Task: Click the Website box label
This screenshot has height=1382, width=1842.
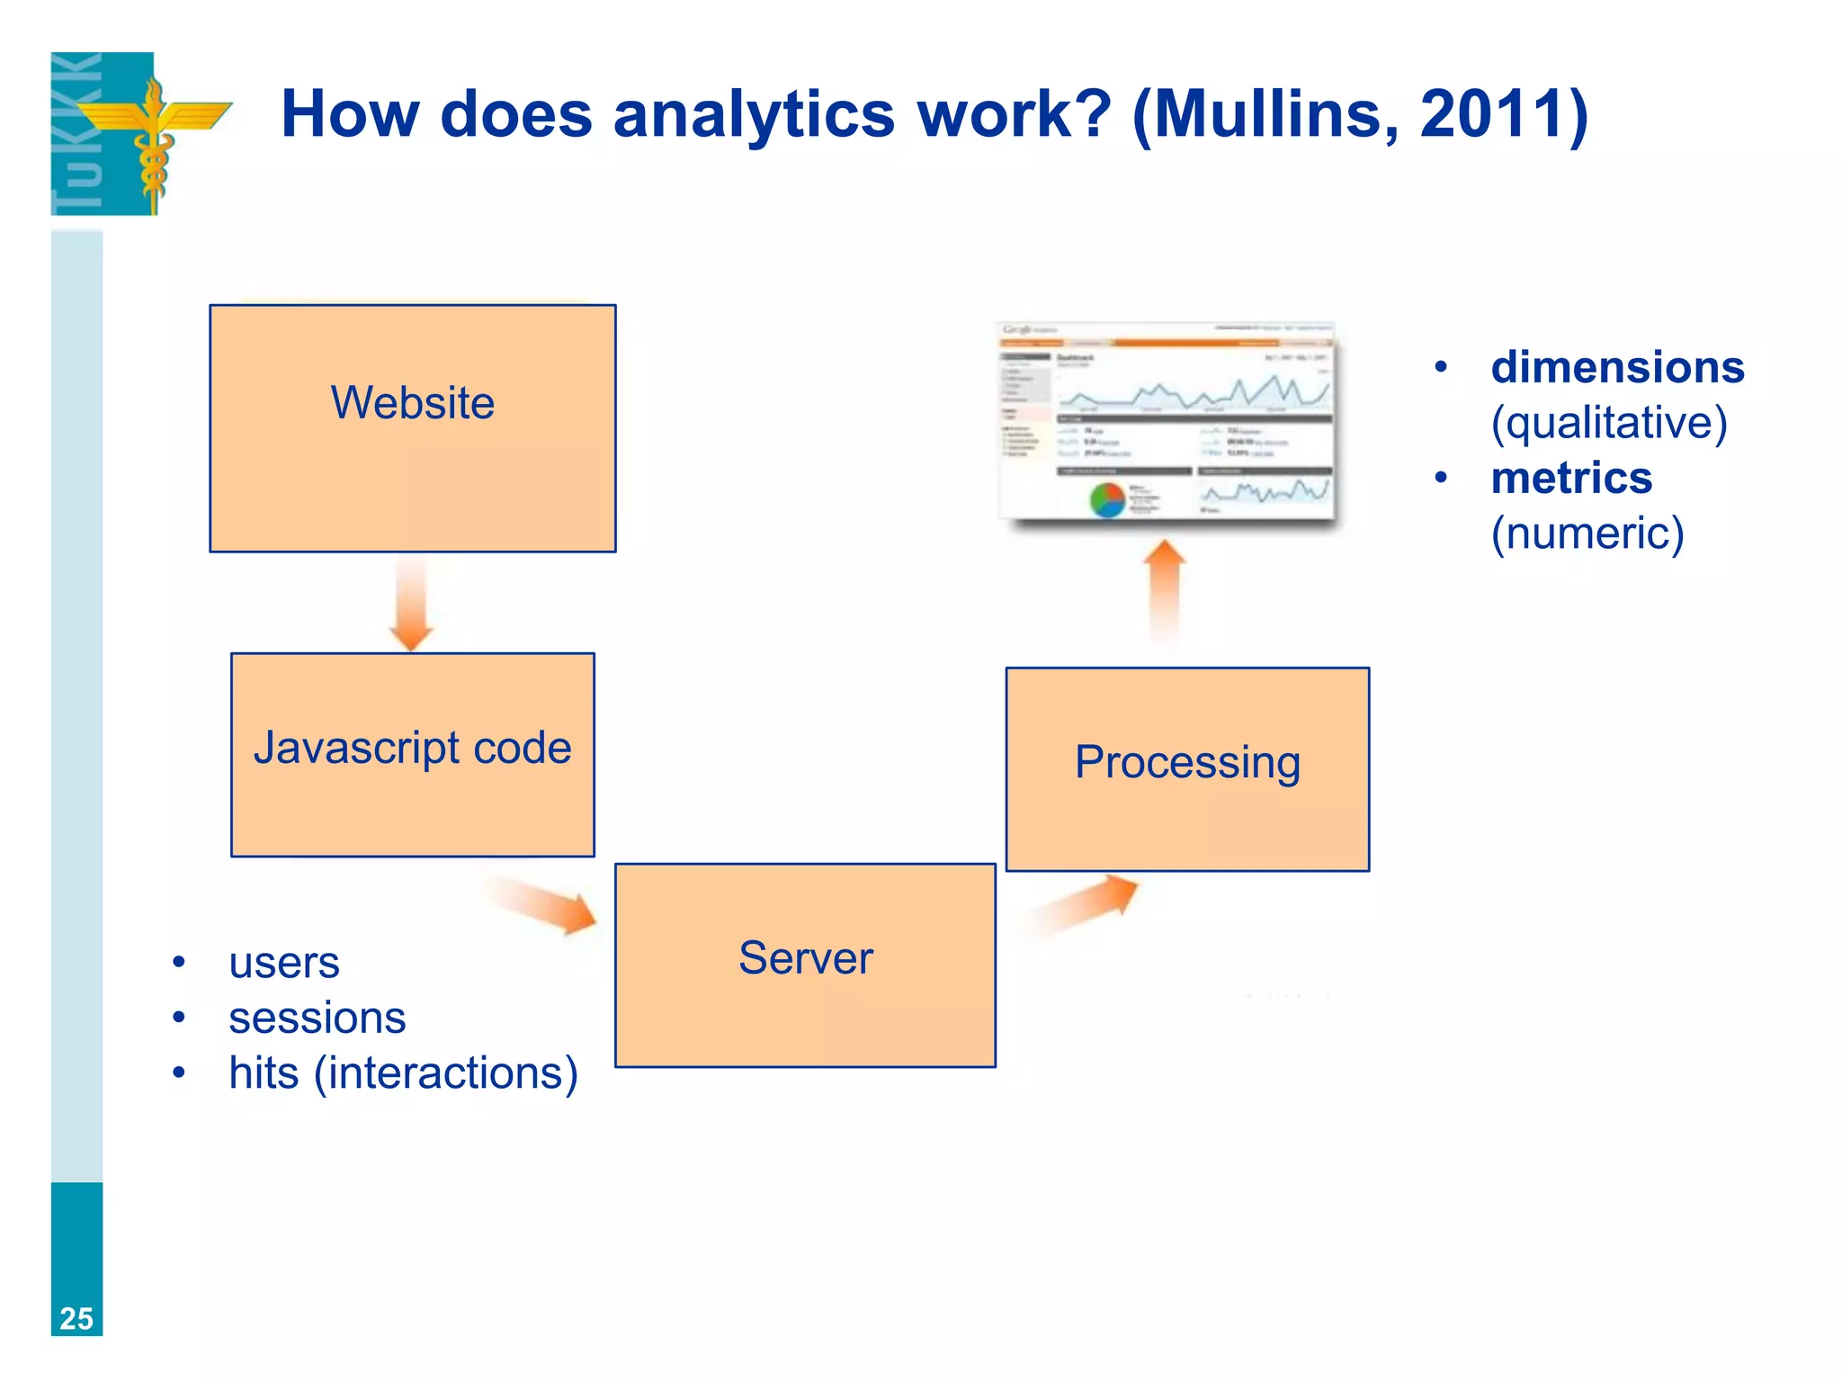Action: (412, 402)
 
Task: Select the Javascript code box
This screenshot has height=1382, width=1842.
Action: (412, 754)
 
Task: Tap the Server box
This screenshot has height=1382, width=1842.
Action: (805, 965)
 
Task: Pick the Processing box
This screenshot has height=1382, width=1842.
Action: (1187, 768)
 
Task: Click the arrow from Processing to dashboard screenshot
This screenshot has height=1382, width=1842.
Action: (1165, 589)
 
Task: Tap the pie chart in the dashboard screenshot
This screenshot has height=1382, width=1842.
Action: (1107, 500)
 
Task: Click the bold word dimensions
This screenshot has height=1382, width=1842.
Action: (1617, 367)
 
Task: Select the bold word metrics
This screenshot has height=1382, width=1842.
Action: (1571, 478)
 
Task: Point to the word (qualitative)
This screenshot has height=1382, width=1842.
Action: (1609, 423)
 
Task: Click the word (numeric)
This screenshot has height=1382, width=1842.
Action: (1587, 534)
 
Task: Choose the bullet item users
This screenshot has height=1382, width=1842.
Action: (284, 963)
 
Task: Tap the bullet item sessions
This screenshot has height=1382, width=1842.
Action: (317, 1018)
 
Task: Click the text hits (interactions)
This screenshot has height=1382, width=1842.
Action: (403, 1072)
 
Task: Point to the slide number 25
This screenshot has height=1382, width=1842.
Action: (76, 1318)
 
